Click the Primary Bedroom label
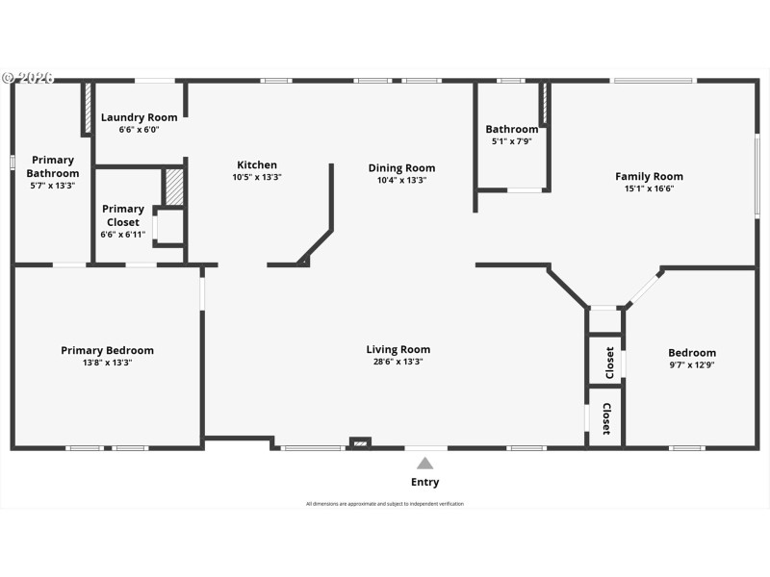point(107,351)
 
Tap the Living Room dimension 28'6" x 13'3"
point(398,363)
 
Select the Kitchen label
point(257,165)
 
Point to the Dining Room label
point(401,168)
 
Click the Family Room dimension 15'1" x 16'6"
point(649,189)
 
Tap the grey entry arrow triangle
point(424,464)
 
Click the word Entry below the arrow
point(424,483)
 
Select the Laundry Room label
point(140,117)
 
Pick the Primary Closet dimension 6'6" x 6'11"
point(123,234)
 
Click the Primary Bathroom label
point(52,166)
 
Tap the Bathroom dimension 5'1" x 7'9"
point(511,141)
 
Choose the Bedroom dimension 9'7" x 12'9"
point(692,365)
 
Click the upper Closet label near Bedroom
point(609,363)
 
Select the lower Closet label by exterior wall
point(607,418)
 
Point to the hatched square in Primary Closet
point(174,188)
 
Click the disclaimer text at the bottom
point(385,504)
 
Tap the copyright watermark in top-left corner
point(29,78)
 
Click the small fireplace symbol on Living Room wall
point(359,443)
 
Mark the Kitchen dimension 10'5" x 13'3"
point(257,178)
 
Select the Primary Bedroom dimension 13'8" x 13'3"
point(107,364)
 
